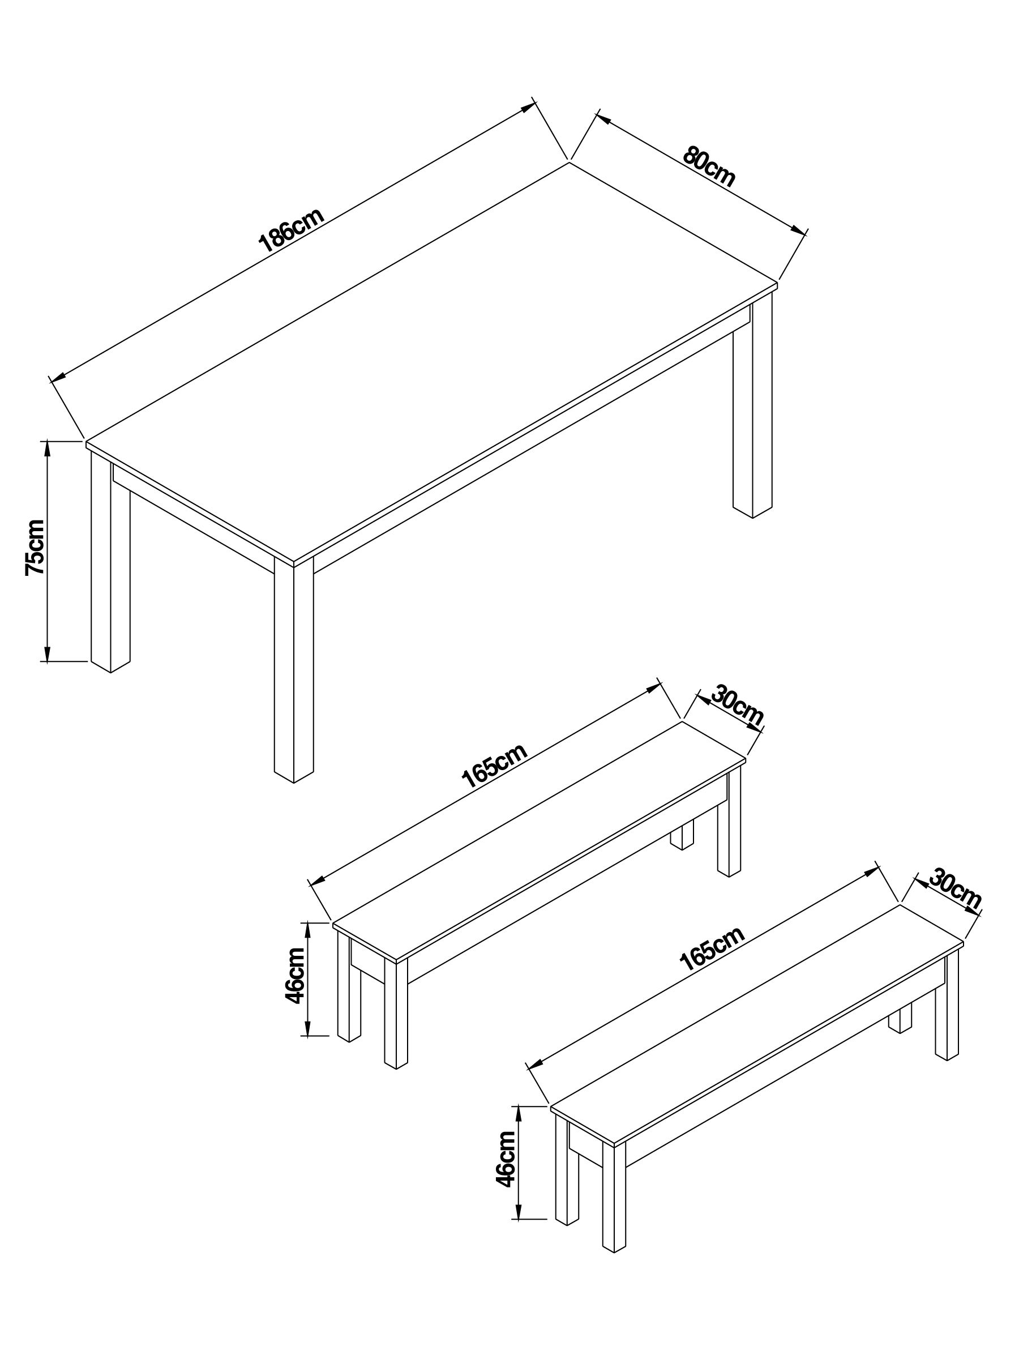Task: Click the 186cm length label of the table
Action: click(x=290, y=231)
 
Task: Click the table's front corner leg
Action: click(x=294, y=670)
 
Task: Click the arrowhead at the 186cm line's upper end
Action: click(x=528, y=107)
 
